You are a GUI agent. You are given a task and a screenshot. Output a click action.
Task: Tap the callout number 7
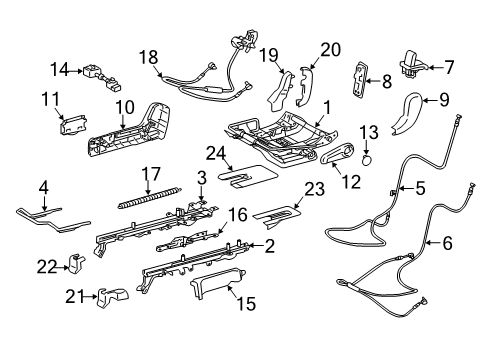pyautogui.click(x=448, y=67)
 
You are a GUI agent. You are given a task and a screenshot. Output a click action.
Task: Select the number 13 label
pyautogui.click(x=369, y=132)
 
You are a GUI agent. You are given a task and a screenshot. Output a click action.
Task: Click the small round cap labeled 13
pyautogui.click(x=367, y=157)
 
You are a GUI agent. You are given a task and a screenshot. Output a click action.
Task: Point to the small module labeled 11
pyautogui.click(x=73, y=124)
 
